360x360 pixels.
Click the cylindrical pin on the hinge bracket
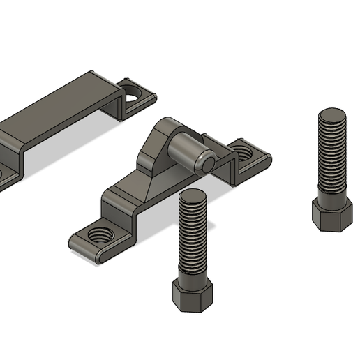point(188,150)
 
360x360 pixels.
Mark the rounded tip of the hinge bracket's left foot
point(75,244)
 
